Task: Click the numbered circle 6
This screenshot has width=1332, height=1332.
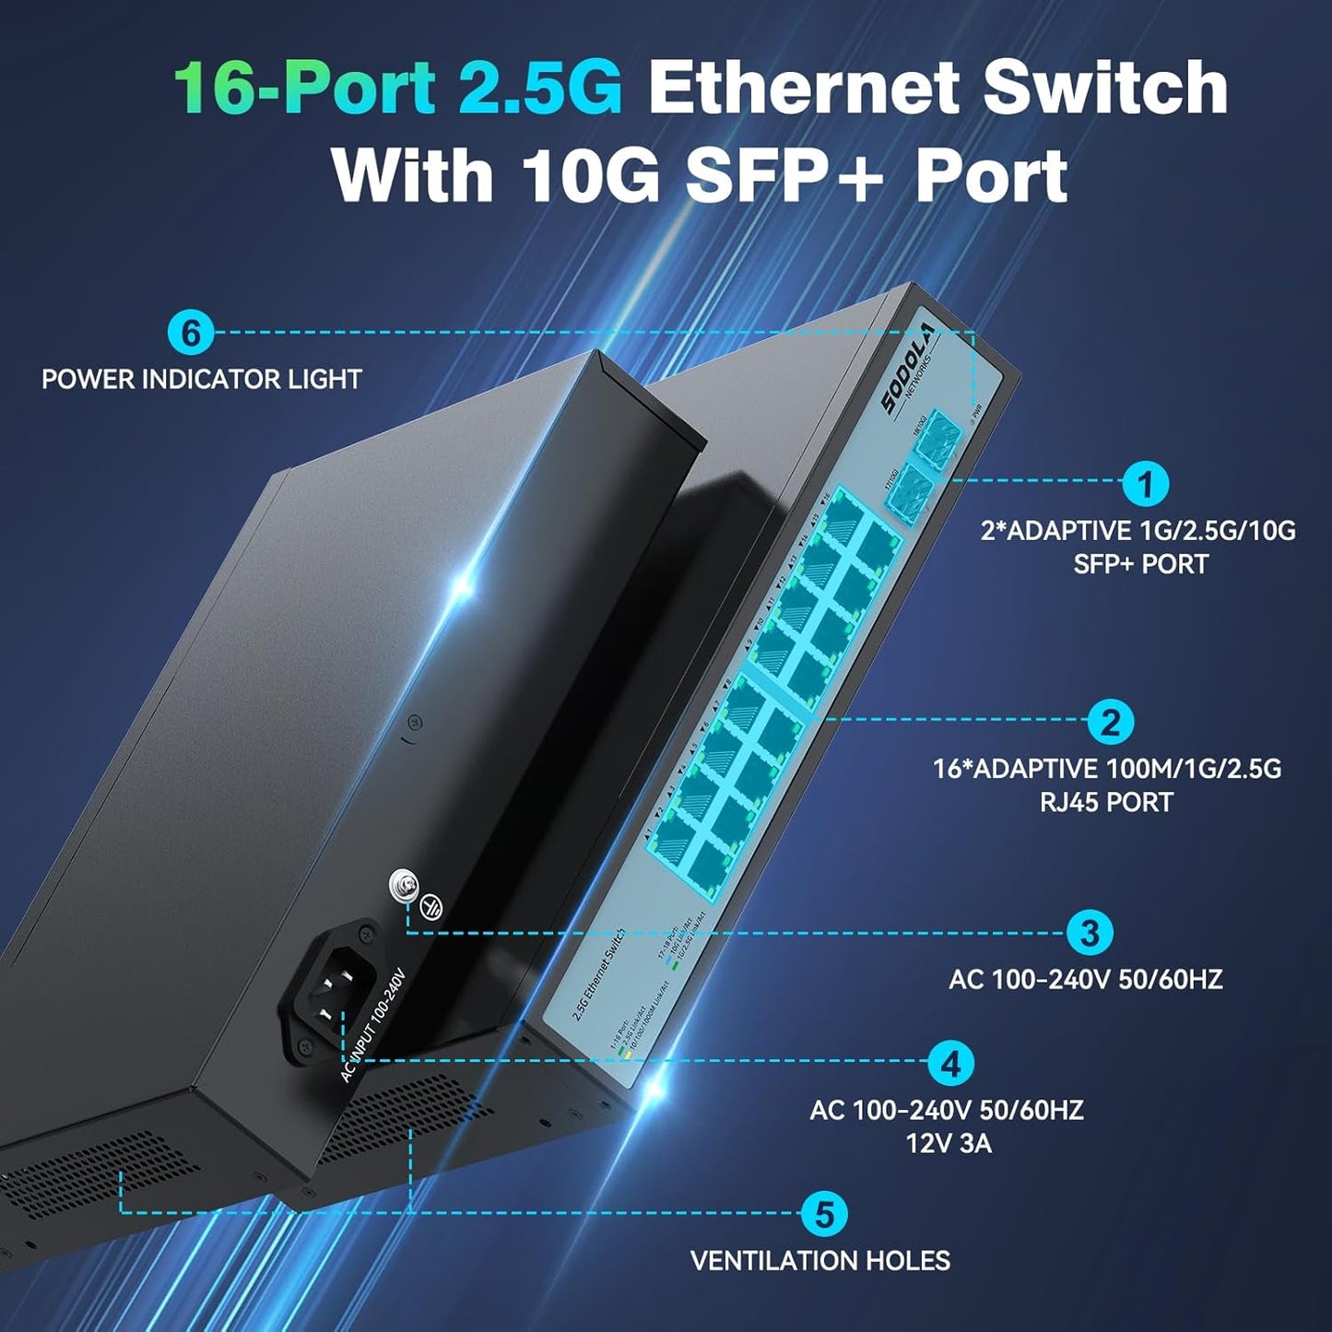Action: tap(191, 332)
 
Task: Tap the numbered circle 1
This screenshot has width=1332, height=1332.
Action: tap(1146, 483)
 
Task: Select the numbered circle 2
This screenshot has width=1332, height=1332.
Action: tap(1110, 722)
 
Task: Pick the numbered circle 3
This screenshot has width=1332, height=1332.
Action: tap(1090, 932)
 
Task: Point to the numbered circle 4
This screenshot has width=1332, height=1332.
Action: tap(950, 1064)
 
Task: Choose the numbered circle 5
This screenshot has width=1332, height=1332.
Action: tap(824, 1214)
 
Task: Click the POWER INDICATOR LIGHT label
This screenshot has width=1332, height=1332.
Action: tap(202, 379)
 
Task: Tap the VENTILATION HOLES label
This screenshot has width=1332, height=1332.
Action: tap(820, 1260)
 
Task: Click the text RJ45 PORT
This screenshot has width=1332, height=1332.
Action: tap(1106, 802)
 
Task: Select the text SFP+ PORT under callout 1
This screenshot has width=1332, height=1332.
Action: tap(1140, 564)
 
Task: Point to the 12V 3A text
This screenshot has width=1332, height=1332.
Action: tap(949, 1144)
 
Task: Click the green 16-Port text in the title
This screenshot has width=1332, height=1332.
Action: tap(304, 88)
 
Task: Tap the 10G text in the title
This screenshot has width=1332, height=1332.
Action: tap(591, 175)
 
